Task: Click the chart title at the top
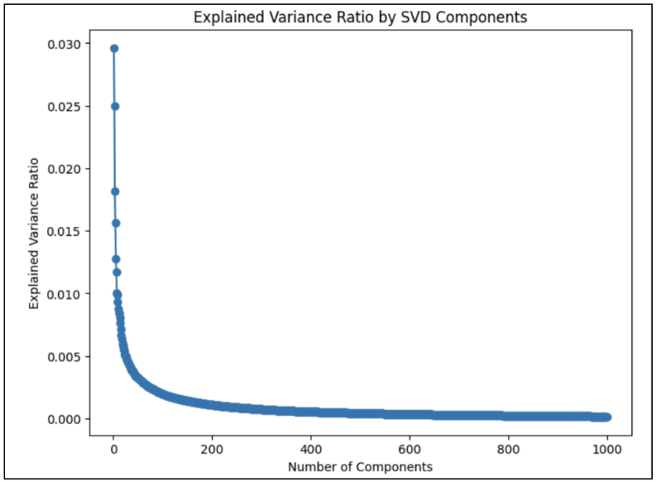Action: (x=359, y=16)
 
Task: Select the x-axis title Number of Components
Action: (x=360, y=466)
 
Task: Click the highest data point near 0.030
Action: (x=114, y=48)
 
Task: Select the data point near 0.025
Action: (x=115, y=106)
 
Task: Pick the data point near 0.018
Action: (x=115, y=191)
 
